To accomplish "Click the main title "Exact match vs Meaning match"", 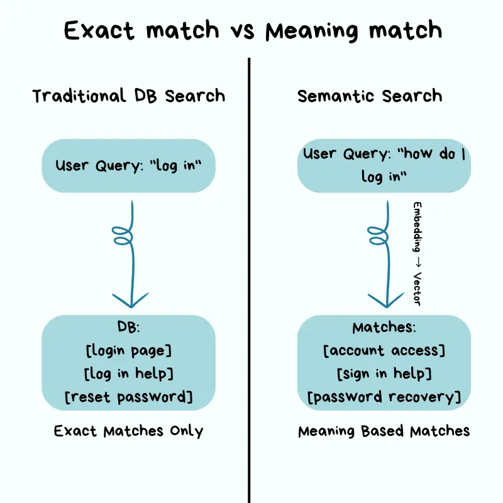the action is [x=251, y=31].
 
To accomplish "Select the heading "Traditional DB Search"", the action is [x=128, y=96].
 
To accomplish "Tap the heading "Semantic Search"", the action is [x=370, y=96].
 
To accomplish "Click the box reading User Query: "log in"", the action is [x=128, y=166].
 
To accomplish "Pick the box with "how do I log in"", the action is [x=384, y=165].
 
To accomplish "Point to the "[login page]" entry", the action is [x=128, y=350].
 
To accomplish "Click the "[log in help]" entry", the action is [x=128, y=373].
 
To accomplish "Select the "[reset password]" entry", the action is [x=128, y=397].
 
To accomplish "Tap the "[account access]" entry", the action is [x=384, y=350].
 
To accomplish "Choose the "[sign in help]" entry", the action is [x=384, y=373].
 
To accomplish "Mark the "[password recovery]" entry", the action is [x=384, y=397].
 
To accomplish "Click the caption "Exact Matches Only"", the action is [x=128, y=431].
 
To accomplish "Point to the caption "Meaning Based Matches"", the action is [x=384, y=431].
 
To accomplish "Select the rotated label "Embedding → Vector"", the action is [x=416, y=253].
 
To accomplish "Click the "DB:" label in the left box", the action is [x=128, y=328].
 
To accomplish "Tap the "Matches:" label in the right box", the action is [x=384, y=328].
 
